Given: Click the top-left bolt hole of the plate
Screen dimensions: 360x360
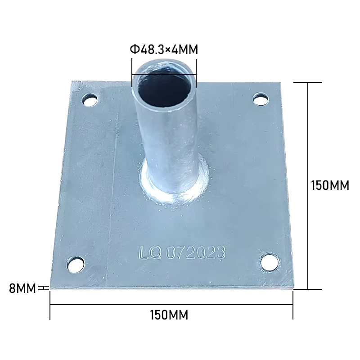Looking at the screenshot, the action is [90, 99].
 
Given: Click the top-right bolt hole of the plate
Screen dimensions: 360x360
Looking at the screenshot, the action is [261, 99].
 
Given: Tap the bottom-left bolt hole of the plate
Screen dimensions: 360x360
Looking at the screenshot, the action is [76, 264].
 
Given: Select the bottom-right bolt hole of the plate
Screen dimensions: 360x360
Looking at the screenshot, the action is [270, 262].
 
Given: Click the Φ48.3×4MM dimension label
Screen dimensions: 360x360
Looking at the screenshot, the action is [164, 49].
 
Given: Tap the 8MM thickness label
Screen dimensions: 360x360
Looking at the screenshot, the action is [22, 288].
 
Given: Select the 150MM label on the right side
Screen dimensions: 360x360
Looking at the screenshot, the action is [330, 185].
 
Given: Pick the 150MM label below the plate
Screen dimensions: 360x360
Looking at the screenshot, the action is [169, 315].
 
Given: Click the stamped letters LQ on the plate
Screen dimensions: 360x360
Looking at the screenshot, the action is [150, 252].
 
